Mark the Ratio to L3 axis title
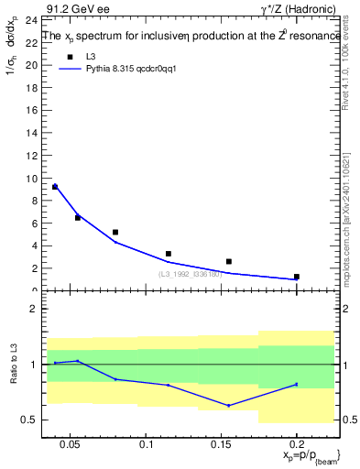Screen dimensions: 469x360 pos(14,364)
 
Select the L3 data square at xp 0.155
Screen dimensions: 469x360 pos(229,261)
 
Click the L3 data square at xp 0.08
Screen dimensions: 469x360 pos(115,232)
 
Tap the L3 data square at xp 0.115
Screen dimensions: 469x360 pos(169,254)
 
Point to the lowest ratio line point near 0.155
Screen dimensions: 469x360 pos(229,405)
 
